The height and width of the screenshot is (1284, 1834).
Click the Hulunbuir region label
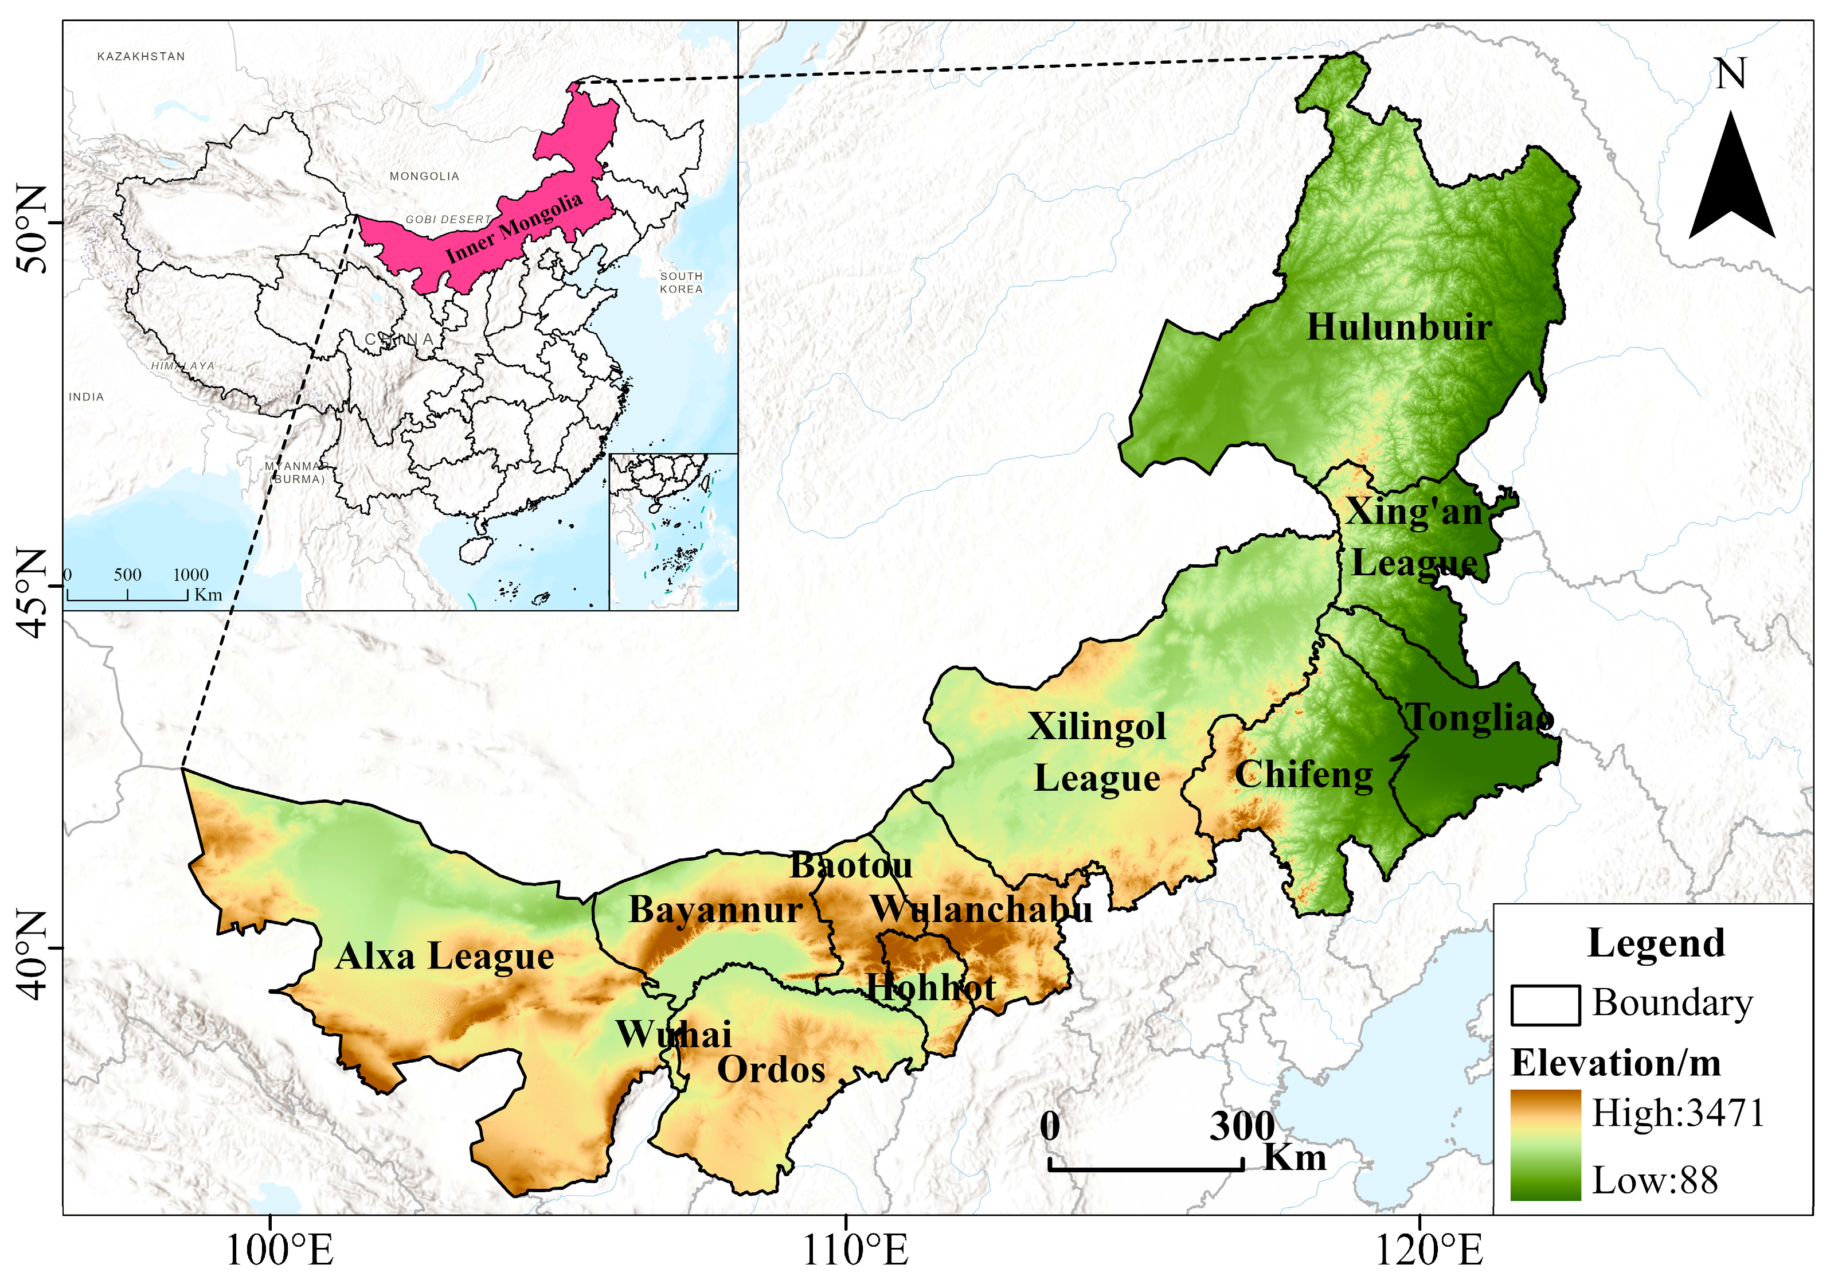(x=1398, y=327)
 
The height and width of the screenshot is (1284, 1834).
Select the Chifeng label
(x=1304, y=774)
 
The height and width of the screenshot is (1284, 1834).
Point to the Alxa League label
(x=444, y=957)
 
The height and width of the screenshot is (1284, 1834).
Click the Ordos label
(x=771, y=1069)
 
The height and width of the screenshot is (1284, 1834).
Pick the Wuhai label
(x=674, y=1034)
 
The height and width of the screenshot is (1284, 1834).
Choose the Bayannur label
(x=715, y=910)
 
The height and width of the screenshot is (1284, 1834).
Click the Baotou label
(x=851, y=865)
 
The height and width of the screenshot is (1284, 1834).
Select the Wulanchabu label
(x=981, y=910)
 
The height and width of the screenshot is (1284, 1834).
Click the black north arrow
(x=1731, y=179)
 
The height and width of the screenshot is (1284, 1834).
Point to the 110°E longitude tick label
(x=855, y=1250)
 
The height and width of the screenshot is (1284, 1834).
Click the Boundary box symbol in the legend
(x=1544, y=1004)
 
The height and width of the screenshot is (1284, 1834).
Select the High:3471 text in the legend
(x=1677, y=1112)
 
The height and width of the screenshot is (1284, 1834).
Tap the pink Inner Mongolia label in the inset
(x=514, y=228)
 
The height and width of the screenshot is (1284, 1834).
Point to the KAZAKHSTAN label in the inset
(x=140, y=57)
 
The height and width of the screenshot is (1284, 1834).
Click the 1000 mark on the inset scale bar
(x=190, y=575)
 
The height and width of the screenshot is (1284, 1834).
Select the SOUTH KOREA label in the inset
(x=681, y=282)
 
